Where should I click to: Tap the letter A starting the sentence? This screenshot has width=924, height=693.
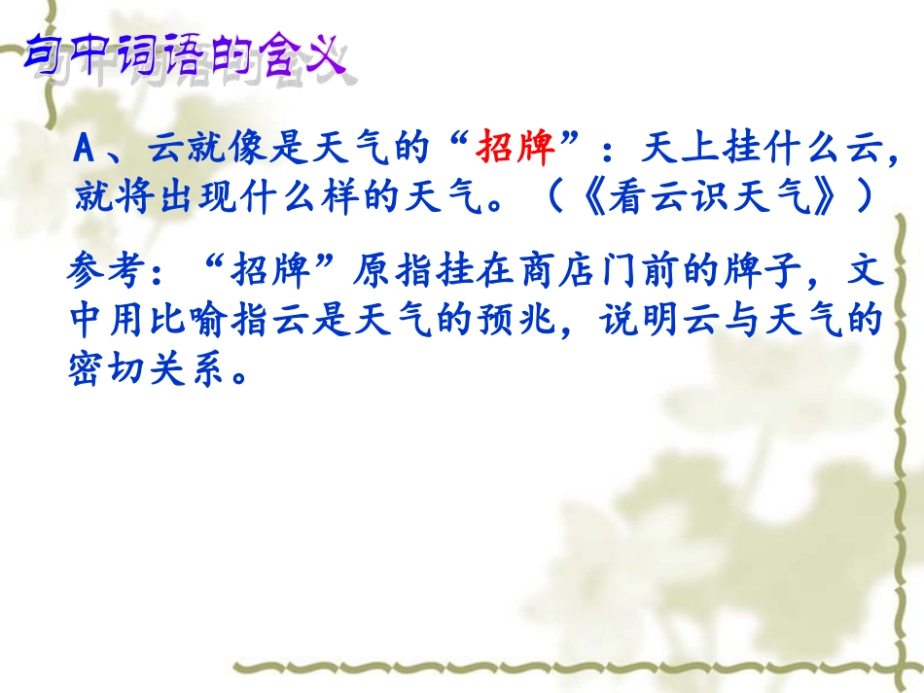coord(85,151)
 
